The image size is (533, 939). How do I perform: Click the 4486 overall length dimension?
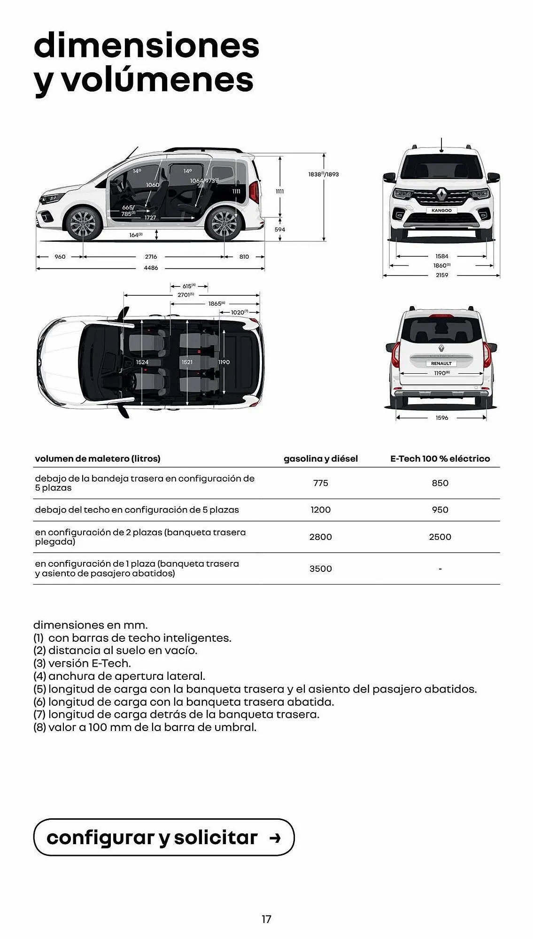click(151, 268)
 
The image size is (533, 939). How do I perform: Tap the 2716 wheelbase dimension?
click(151, 257)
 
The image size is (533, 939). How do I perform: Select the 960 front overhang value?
click(60, 257)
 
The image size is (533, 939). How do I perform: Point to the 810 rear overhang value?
click(244, 257)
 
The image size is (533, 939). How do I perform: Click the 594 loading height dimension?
click(280, 230)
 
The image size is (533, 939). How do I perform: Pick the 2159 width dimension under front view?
click(442, 275)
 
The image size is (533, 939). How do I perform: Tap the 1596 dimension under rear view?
click(442, 418)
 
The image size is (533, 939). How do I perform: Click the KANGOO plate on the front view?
click(441, 211)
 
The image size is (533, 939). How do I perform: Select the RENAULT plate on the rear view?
click(441, 363)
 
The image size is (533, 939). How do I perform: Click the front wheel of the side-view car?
click(84, 224)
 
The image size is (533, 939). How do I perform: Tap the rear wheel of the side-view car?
click(224, 224)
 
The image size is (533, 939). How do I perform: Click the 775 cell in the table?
click(321, 483)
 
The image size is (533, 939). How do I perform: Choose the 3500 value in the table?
click(321, 569)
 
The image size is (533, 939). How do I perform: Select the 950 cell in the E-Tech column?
click(440, 510)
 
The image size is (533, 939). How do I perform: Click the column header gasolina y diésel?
click(321, 459)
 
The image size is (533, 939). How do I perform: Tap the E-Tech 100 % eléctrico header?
click(440, 459)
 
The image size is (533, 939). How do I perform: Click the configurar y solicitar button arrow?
click(275, 838)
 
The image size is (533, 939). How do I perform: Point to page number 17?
click(266, 919)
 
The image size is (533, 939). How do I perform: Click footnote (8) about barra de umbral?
click(145, 727)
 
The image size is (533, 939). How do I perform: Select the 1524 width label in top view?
click(142, 362)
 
